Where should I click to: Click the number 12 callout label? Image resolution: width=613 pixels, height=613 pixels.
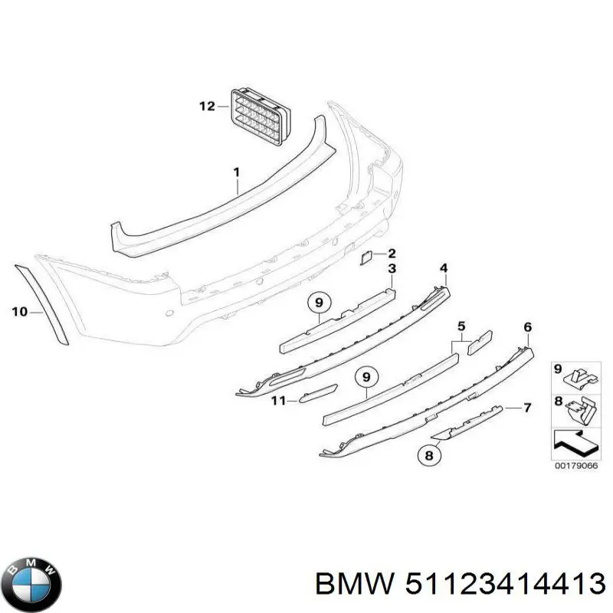(x=207, y=107)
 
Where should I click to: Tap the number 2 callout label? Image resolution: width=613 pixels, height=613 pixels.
(x=392, y=254)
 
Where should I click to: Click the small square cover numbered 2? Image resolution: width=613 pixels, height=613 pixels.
(x=367, y=259)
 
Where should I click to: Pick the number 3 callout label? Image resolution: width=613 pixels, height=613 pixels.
(x=392, y=268)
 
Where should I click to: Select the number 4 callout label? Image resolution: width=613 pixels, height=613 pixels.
(x=443, y=267)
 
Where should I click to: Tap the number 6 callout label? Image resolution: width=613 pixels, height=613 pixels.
(x=527, y=328)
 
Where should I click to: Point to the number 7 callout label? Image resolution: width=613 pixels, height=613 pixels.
(x=527, y=407)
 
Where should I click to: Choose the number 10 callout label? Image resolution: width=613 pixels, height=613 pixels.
(x=20, y=312)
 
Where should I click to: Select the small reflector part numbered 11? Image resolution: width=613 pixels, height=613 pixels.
(x=318, y=393)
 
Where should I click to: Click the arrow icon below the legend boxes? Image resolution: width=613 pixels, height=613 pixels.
(x=574, y=444)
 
